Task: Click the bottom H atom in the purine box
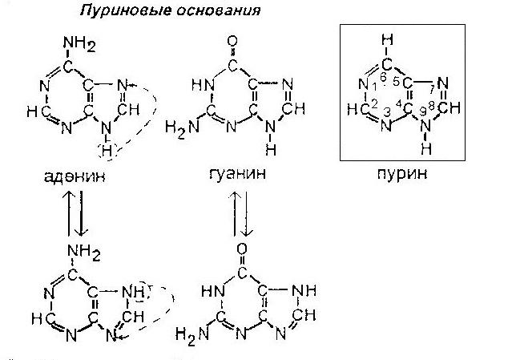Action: click(x=427, y=149)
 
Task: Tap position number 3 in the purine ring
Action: click(x=389, y=112)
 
